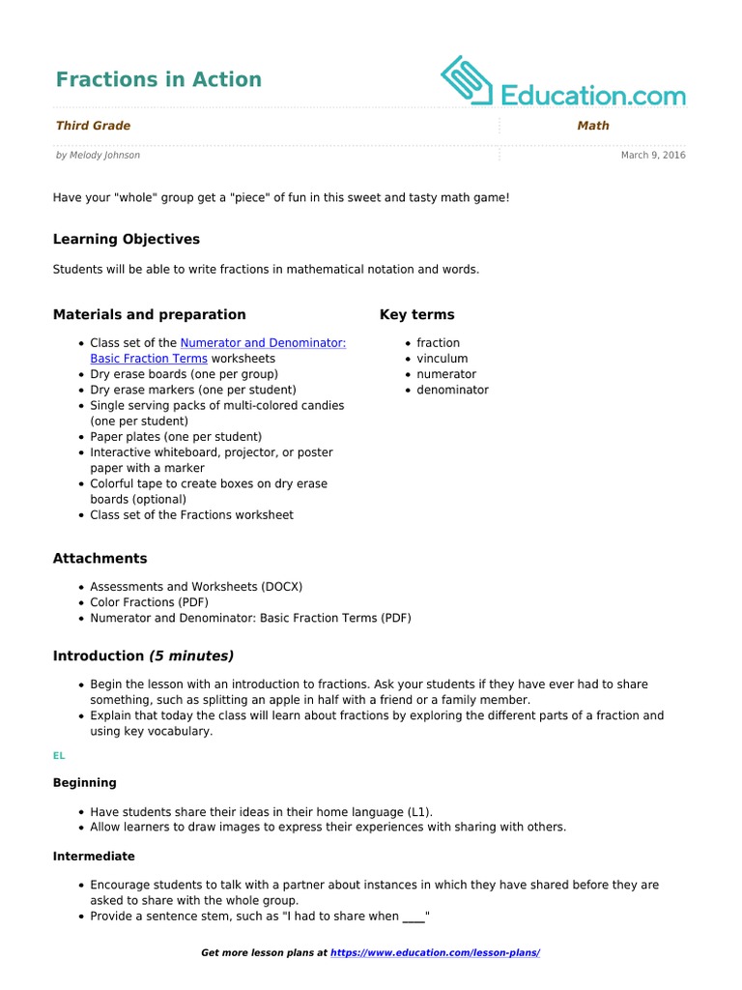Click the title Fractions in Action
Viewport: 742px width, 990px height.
pos(158,79)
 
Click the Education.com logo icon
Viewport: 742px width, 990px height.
pos(468,80)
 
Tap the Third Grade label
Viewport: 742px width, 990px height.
pos(93,126)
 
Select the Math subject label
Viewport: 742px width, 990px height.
pos(593,126)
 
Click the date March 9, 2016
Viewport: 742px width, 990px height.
pos(653,155)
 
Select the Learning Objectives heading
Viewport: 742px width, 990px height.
pos(127,239)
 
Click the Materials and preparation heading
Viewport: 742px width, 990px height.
pos(150,314)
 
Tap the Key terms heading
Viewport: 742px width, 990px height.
pos(417,314)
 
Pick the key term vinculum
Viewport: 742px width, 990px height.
pos(442,359)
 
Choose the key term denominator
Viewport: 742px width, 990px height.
pos(452,390)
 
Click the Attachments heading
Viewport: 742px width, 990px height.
pos(100,558)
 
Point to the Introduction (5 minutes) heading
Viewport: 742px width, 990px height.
pos(143,655)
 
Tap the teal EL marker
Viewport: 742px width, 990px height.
pos(59,756)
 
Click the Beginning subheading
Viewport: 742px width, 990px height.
pos(84,782)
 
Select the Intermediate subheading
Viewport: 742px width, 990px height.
pos(94,856)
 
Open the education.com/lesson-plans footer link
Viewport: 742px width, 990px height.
pos(435,952)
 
